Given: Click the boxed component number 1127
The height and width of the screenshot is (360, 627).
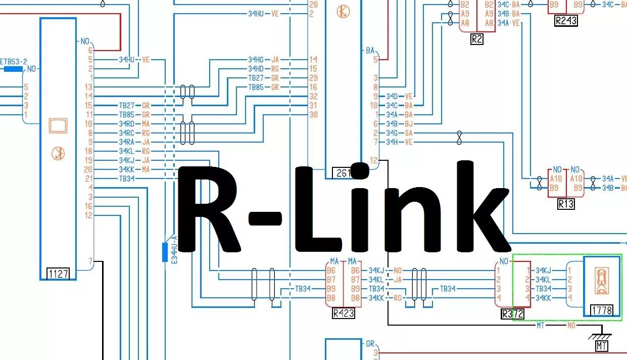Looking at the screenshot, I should [x=58, y=274].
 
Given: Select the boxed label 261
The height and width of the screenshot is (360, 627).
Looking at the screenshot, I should [x=342, y=173].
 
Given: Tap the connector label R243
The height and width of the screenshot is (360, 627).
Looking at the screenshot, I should [x=565, y=21].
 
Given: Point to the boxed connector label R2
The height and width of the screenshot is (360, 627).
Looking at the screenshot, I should [x=476, y=39].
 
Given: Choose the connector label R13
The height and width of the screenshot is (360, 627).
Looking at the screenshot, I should [x=566, y=204].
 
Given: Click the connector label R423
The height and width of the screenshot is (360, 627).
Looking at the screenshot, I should [x=343, y=313].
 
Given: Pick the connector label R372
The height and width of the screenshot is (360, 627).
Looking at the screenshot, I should [x=512, y=314].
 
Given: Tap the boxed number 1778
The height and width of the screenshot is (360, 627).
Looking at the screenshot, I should [x=601, y=309].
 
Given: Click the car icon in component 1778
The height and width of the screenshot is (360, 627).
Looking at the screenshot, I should [x=601, y=281].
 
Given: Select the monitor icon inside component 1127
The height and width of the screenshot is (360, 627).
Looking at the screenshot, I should [x=58, y=125].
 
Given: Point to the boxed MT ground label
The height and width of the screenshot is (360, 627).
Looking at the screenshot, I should [x=601, y=346].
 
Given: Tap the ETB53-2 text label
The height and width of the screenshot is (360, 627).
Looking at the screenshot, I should [x=14, y=62].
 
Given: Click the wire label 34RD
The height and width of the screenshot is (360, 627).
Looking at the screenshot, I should [x=126, y=124].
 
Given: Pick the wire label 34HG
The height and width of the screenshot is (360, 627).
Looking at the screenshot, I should [x=256, y=60].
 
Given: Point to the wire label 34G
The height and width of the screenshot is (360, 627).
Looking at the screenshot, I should [x=392, y=133].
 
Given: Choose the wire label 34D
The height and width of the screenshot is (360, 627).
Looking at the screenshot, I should [x=392, y=96].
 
